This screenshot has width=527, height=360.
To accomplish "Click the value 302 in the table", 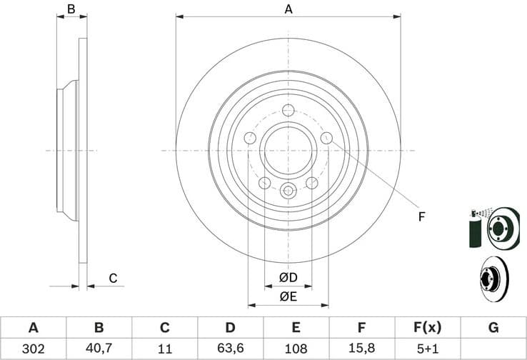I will (33, 349).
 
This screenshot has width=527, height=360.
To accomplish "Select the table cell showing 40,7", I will (99, 349).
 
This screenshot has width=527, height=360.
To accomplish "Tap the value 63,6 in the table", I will (230, 349).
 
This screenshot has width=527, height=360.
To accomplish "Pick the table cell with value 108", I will (296, 349).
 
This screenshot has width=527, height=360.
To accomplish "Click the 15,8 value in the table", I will (362, 349).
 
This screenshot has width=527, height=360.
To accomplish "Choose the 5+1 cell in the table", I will (427, 349).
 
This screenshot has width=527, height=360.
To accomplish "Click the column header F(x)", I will (427, 328).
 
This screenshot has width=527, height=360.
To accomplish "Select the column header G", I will (493, 328).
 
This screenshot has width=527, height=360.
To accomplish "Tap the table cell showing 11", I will (164, 349).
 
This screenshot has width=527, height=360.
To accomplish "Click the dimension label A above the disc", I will (288, 9).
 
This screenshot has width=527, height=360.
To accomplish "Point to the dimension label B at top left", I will (71, 9).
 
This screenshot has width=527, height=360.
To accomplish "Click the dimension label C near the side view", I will (112, 278).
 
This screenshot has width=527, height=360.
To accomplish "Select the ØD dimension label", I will (288, 277).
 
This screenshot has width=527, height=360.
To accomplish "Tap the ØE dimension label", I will (288, 295).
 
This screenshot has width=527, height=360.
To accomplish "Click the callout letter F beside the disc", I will (421, 216).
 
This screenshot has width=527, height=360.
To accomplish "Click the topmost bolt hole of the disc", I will (288, 110).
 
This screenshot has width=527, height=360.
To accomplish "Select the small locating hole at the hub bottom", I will (288, 190).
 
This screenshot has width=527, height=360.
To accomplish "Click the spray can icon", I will (474, 229).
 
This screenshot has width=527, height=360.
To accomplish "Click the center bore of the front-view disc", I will (288, 151).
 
